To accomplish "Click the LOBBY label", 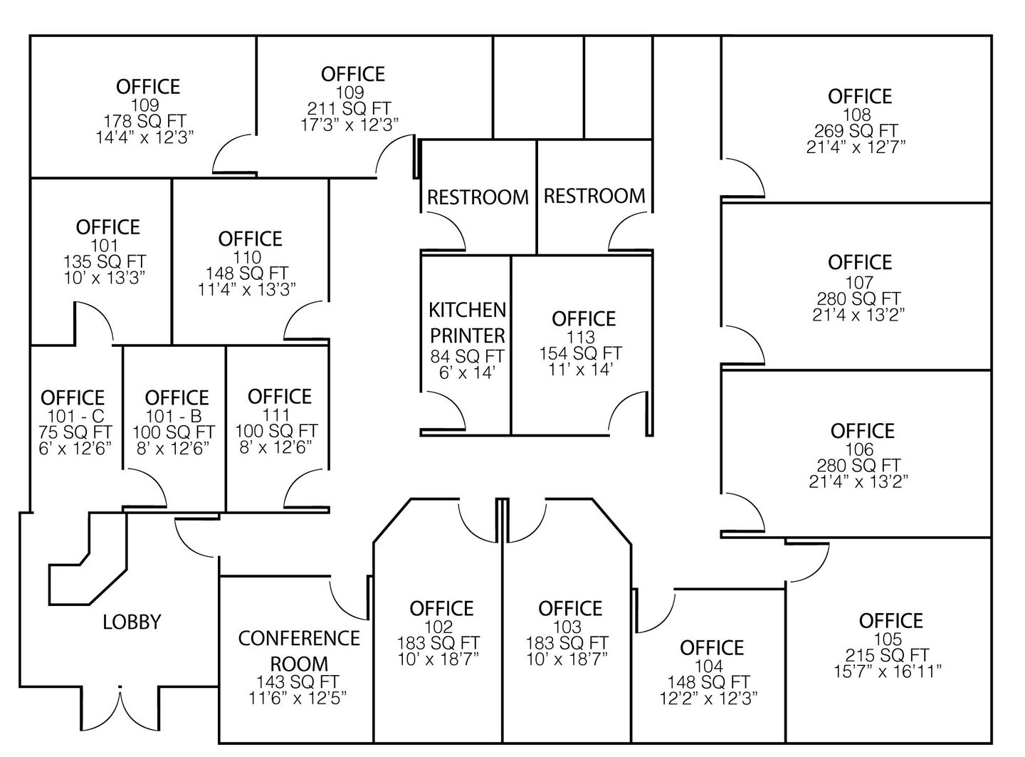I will click(x=132, y=622).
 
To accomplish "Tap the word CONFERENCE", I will click(x=299, y=638).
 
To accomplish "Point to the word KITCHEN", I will click(x=467, y=310).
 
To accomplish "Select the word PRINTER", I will click(x=467, y=335).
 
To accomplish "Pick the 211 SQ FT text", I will click(x=349, y=108).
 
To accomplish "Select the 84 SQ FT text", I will click(x=467, y=356).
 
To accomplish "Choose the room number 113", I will click(x=581, y=337).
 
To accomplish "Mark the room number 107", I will click(x=859, y=282).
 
